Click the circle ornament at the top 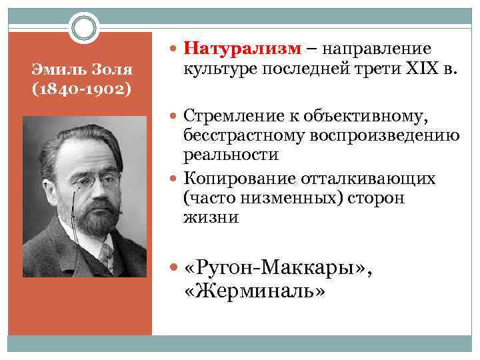[x=85, y=29]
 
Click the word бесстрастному [x=239, y=137]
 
